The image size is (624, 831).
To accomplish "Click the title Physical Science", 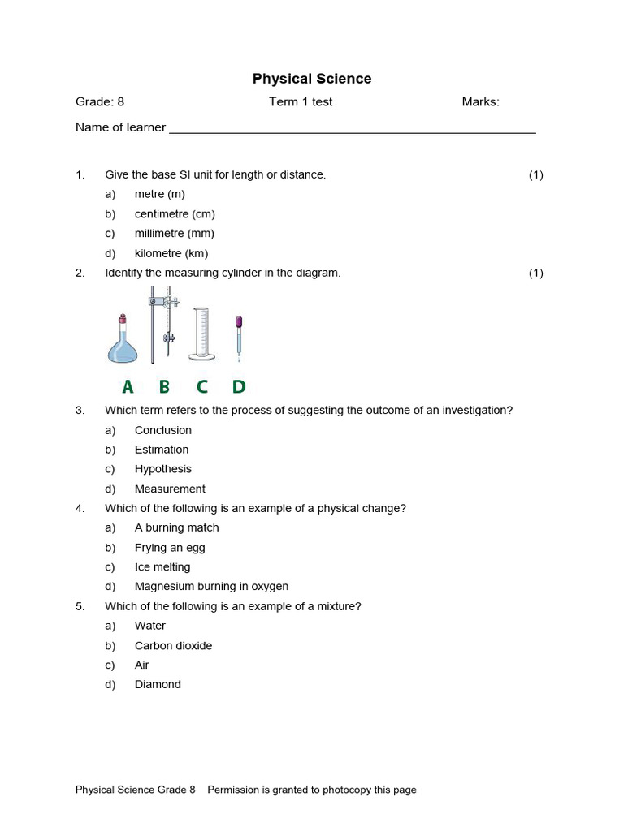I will pos(311,79).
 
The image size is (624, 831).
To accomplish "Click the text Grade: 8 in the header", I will pos(100,102).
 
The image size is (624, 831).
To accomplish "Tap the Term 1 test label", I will pos(301,102).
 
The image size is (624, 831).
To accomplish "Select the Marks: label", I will pos(480,102).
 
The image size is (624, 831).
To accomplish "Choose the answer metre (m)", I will pos(159,194).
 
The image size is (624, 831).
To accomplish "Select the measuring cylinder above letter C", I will pos(201,334).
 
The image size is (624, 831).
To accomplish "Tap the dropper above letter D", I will pos(239,337).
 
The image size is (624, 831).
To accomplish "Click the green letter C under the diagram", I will pos(201,387).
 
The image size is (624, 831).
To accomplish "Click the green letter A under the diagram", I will pos(128,387).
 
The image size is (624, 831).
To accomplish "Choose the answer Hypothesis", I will pos(163,469).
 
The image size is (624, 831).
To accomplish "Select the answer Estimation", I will pos(162,450).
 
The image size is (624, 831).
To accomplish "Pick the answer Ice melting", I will pos(162,567).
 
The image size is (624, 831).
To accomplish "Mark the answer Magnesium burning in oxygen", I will pos(211,587).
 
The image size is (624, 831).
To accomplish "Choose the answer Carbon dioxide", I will pos(173,646).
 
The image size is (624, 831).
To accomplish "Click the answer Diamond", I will pos(158,685).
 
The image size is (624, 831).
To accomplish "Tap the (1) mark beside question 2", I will pos(535,273).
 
